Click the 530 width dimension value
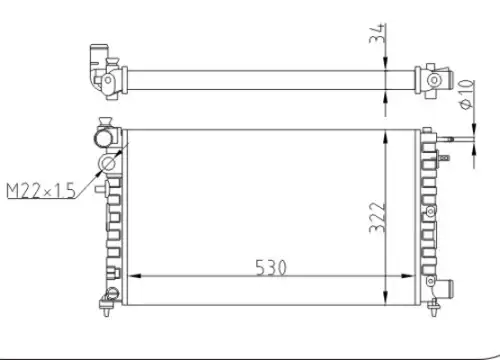click(271, 268)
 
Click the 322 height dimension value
click(378, 217)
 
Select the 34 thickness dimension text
click(378, 33)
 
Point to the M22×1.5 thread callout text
click(41, 191)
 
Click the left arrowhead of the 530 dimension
click(134, 276)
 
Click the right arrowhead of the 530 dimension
click(409, 276)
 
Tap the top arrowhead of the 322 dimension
click(385, 137)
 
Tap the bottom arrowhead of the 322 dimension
click(385, 298)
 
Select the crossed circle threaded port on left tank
click(107, 164)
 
